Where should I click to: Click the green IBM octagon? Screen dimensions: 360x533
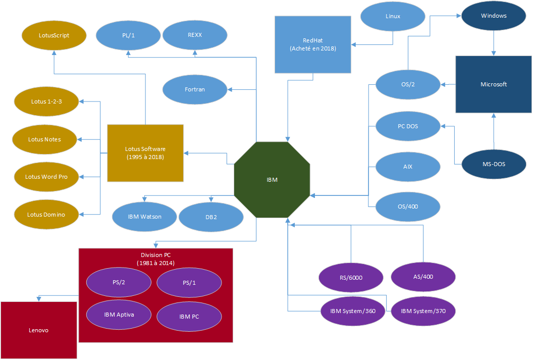pyautogui.click(x=272, y=180)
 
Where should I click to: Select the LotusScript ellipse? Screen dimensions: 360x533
pyautogui.click(x=54, y=35)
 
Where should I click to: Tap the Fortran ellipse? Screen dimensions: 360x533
pyautogui.click(x=195, y=89)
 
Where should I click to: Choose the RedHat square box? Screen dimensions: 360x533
pyautogui.click(x=313, y=44)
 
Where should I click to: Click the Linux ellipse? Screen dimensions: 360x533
pyautogui.click(x=393, y=16)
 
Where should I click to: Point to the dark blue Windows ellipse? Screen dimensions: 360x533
pyautogui.click(x=494, y=16)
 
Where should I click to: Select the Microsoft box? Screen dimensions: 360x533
pyautogui.click(x=494, y=84)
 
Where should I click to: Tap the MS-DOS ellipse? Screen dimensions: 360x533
pyautogui.click(x=494, y=164)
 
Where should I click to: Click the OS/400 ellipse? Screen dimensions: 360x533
pyautogui.click(x=408, y=206)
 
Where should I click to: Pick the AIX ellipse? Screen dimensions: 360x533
pyautogui.click(x=408, y=166)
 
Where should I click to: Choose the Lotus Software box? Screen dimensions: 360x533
pyautogui.click(x=145, y=152)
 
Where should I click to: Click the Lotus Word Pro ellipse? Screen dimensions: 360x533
pyautogui.click(x=46, y=177)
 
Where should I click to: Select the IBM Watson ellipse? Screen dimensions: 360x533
pyautogui.click(x=144, y=217)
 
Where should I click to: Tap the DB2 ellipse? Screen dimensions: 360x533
pyautogui.click(x=211, y=217)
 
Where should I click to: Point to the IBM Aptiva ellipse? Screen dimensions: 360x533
pyautogui.click(x=119, y=314)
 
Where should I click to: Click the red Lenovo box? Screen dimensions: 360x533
pyautogui.click(x=38, y=330)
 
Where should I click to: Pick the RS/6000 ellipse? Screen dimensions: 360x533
pyautogui.click(x=351, y=277)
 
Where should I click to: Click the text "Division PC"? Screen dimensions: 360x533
pyautogui.click(x=155, y=255)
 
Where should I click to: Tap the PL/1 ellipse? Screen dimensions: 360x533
pyautogui.click(x=128, y=35)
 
